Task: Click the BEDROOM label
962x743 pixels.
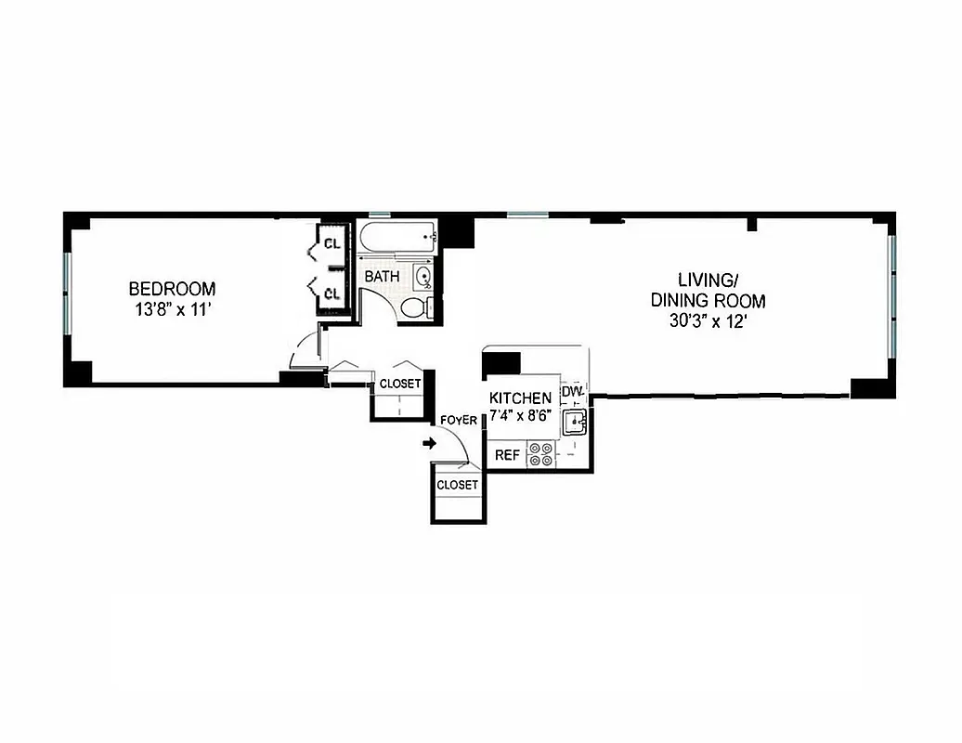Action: tap(172, 289)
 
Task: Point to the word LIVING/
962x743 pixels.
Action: tap(708, 279)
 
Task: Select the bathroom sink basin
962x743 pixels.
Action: tap(423, 276)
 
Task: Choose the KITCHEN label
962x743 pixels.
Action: tap(520, 398)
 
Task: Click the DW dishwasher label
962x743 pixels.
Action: tap(571, 391)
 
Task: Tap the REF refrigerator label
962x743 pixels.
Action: tap(506, 455)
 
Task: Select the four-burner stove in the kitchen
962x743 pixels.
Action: tap(540, 454)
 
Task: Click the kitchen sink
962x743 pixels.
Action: tap(576, 424)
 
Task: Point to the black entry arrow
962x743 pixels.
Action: tap(429, 444)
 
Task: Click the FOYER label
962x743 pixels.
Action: tap(459, 421)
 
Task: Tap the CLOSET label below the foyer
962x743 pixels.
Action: tap(458, 485)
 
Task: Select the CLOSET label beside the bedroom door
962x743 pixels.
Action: tap(400, 384)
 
